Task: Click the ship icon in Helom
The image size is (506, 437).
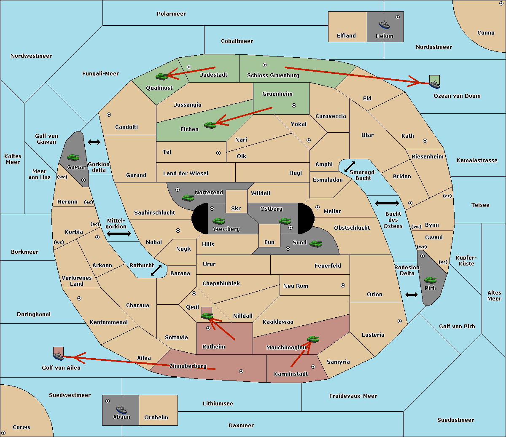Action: (384, 24)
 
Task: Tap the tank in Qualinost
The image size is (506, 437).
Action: (161, 76)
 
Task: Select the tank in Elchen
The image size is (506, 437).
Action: (210, 125)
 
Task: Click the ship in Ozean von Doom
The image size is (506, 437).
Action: (434, 84)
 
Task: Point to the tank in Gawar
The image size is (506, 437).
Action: (73, 158)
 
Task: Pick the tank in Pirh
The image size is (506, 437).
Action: (430, 280)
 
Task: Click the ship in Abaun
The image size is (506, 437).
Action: (121, 409)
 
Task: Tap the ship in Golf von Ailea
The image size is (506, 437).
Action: (59, 356)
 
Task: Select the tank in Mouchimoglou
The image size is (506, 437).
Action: (313, 339)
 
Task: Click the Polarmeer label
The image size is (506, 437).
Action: (171, 14)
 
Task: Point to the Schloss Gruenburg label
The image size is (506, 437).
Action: (273, 75)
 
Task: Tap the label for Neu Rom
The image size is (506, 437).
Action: (296, 286)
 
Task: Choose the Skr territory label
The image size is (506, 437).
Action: (236, 209)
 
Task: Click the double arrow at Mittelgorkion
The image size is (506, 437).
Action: (119, 234)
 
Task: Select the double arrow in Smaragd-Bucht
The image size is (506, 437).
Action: (350, 166)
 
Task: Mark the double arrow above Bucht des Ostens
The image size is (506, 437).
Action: (387, 204)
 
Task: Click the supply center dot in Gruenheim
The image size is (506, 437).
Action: (294, 105)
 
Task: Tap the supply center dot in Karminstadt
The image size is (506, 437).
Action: (313, 367)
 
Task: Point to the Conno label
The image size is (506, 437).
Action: (486, 33)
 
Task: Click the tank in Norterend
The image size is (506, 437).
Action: (188, 198)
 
